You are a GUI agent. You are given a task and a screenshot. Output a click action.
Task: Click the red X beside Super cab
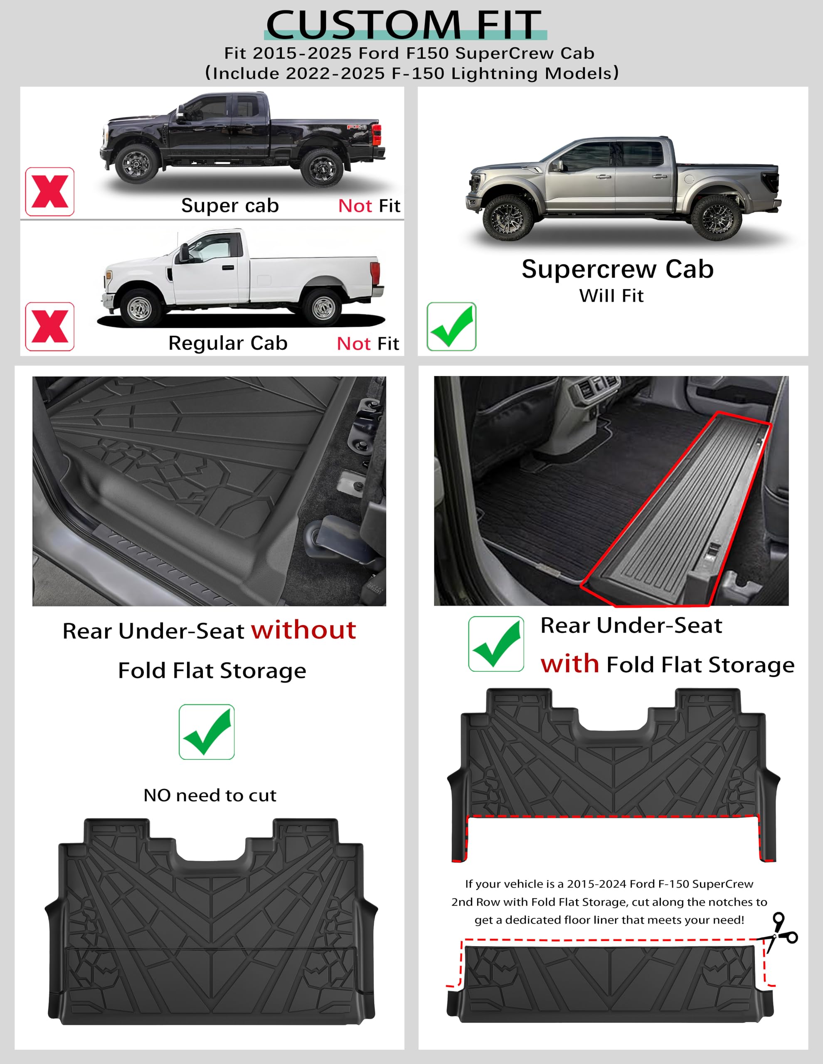click(x=50, y=192)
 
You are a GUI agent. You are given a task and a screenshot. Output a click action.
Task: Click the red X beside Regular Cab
click(x=50, y=326)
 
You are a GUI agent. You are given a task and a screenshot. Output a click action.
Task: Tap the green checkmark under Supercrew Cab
click(x=451, y=326)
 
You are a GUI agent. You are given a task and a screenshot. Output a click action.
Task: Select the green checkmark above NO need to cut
click(x=207, y=732)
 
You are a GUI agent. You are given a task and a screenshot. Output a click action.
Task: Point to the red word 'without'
click(x=303, y=630)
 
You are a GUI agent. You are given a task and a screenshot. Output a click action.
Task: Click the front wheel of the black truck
click(x=136, y=164)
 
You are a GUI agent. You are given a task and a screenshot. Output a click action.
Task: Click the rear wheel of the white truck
click(x=323, y=307)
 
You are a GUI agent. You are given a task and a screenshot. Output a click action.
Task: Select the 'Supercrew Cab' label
click(x=617, y=269)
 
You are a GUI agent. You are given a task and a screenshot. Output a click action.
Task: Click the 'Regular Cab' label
click(x=227, y=343)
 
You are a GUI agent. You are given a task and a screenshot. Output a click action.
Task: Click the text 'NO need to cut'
click(x=210, y=795)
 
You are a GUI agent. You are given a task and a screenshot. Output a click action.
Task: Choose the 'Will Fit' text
click(x=611, y=296)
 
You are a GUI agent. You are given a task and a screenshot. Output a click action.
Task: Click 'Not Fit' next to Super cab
click(x=369, y=206)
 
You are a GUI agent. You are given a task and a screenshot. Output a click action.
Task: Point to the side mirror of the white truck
click(x=185, y=252)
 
